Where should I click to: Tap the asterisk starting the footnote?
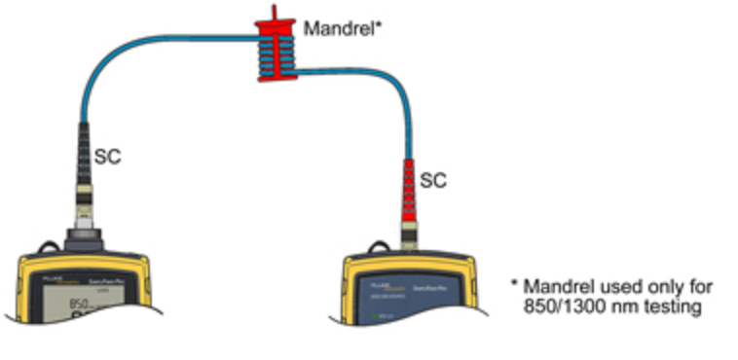[x=514, y=285]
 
